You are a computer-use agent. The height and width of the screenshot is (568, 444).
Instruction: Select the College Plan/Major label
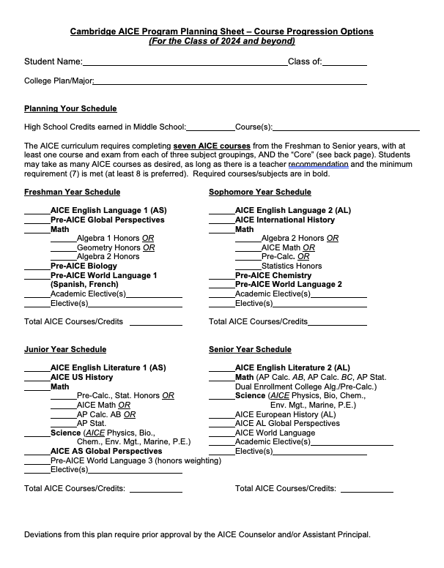(59, 81)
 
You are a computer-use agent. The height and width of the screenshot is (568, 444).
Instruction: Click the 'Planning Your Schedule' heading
(70, 109)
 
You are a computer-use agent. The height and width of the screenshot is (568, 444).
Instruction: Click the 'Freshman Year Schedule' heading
(72, 192)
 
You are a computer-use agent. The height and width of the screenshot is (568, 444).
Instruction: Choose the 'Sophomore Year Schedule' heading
(259, 192)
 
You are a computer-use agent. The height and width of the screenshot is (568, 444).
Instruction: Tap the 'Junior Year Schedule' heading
(65, 349)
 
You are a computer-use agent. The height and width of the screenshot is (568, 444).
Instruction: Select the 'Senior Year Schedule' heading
(250, 349)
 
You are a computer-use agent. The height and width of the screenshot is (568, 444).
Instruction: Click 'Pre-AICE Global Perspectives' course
(107, 220)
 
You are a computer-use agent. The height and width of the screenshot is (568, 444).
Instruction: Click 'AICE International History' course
(284, 220)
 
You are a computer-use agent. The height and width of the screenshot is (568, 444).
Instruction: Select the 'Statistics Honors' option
(292, 266)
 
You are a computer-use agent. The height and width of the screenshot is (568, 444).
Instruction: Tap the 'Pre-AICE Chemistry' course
(273, 275)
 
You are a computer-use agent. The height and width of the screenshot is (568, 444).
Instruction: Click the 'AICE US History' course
(81, 377)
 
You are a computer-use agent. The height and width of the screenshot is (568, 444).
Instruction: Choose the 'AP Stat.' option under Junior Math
(92, 423)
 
